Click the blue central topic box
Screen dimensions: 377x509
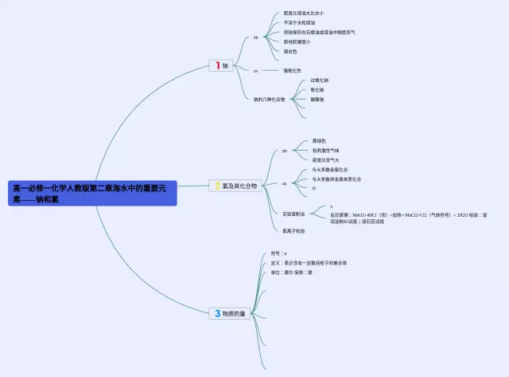tap(91, 194)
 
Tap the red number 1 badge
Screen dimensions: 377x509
tap(216, 65)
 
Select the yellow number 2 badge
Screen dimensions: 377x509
tap(216, 186)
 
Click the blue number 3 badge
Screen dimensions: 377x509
tap(216, 314)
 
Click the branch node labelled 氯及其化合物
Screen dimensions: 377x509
tap(240, 186)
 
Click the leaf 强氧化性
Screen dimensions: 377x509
tap(293, 71)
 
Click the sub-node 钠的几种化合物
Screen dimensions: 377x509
tap(269, 100)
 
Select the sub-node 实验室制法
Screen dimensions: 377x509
tap(293, 214)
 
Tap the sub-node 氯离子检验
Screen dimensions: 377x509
tap(293, 230)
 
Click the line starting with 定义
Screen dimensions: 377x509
tap(309, 262)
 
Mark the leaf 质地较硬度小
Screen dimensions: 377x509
tap(297, 41)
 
